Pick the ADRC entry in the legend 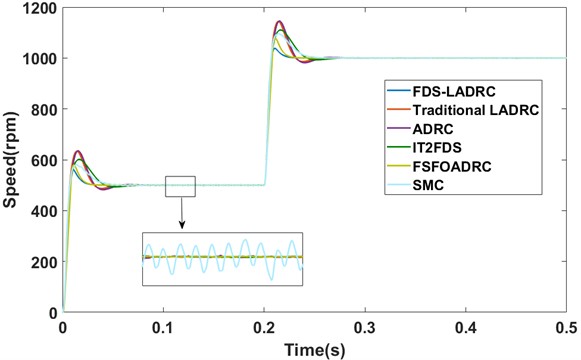coord(436,128)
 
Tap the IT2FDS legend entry coord(442,147)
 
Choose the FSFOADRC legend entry coord(453,166)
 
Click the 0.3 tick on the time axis coord(365,327)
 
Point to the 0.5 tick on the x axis coord(565,327)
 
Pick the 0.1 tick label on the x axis coord(164,327)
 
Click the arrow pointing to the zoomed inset coord(182,213)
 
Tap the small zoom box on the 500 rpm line coord(181,186)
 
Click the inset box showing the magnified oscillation coord(222,258)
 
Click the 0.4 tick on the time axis coord(465,327)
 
